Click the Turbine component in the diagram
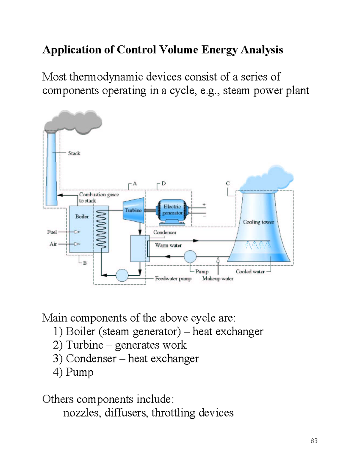tap(133, 210)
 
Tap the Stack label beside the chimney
tap(74, 153)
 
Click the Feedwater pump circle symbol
tap(122, 275)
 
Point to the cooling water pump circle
tap(190, 257)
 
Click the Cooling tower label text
tap(258, 222)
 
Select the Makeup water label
tap(217, 278)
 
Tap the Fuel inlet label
tap(52, 232)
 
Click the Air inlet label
tap(53, 244)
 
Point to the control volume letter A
tap(135, 184)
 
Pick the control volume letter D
tap(163, 183)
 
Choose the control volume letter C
tap(228, 183)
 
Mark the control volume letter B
tap(85, 263)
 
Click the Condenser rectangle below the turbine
tap(139, 248)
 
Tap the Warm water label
tap(168, 245)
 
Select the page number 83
tap(314, 441)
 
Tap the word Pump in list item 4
tap(79, 372)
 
